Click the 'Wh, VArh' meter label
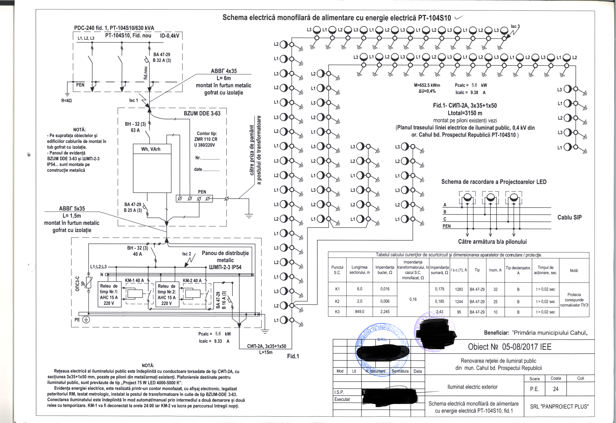coord(150,149)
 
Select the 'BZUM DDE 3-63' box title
coord(202,113)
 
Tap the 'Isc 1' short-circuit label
coord(134,101)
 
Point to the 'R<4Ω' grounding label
coord(66,101)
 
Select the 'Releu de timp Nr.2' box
coord(167,294)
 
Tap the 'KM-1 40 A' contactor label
coord(134,280)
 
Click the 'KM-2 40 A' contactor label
coord(192,280)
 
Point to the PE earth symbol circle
coord(86,320)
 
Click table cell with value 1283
coord(459,289)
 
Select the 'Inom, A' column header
coord(495,270)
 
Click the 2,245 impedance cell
coord(385,312)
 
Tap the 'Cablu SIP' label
coord(569,217)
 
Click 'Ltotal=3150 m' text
coord(465,113)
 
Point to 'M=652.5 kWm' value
coord(427,85)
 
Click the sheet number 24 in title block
coord(556,389)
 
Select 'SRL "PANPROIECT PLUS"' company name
coord(559,407)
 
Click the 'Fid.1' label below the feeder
coord(293,356)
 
